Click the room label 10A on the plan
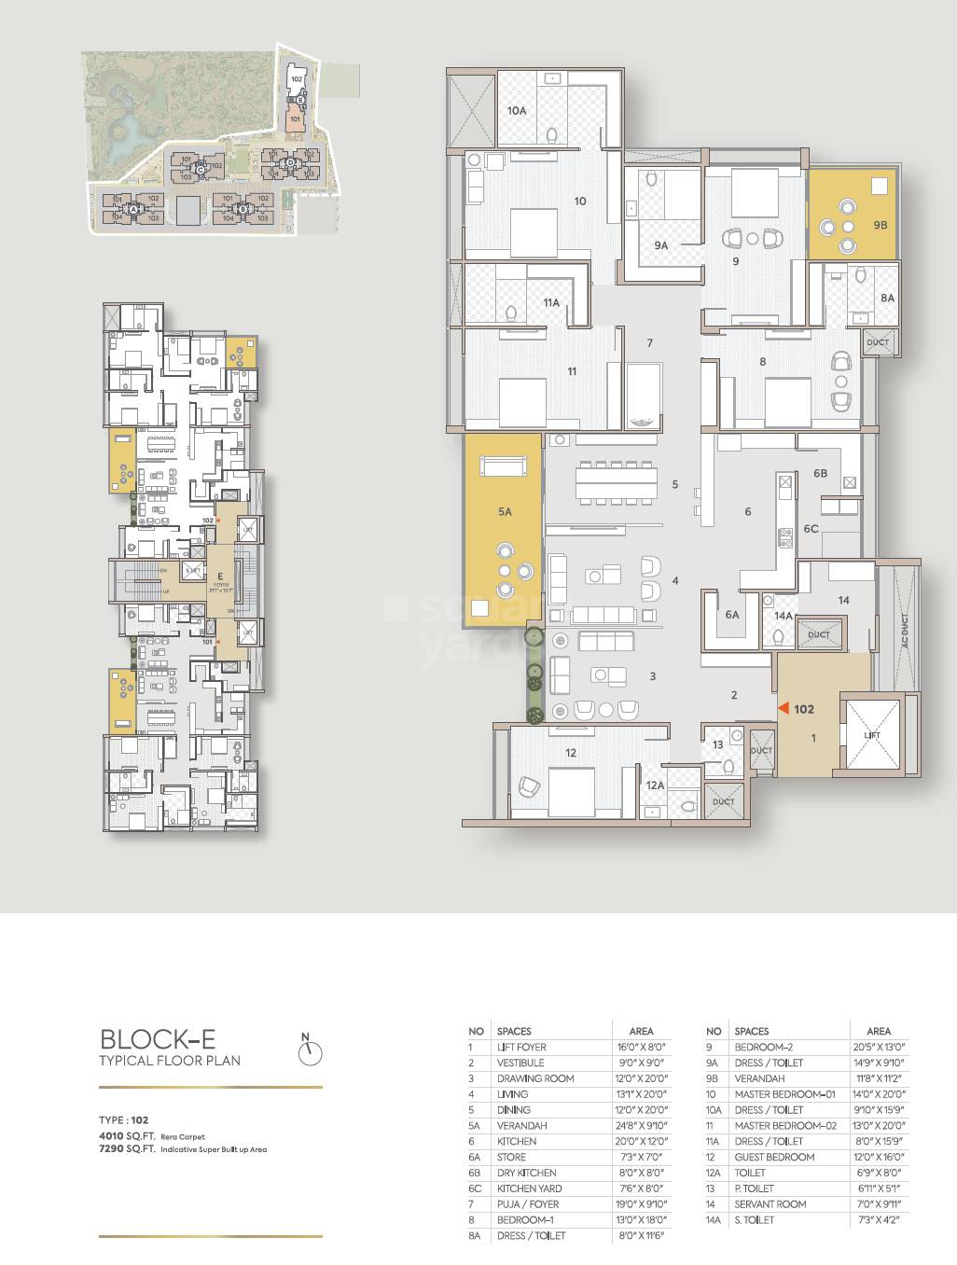tap(517, 110)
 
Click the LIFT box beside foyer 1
tap(871, 735)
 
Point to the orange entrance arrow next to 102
tap(784, 709)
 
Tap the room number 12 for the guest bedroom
tap(571, 752)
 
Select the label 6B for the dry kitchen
tap(820, 474)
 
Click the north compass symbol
tap(310, 1051)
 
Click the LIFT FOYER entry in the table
tap(521, 1047)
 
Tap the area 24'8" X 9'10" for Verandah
tap(641, 1126)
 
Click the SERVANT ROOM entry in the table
tap(770, 1204)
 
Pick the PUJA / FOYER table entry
tap(528, 1204)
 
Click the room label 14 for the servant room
tap(843, 600)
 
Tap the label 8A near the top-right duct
tap(887, 298)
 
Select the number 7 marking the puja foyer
tap(650, 342)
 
